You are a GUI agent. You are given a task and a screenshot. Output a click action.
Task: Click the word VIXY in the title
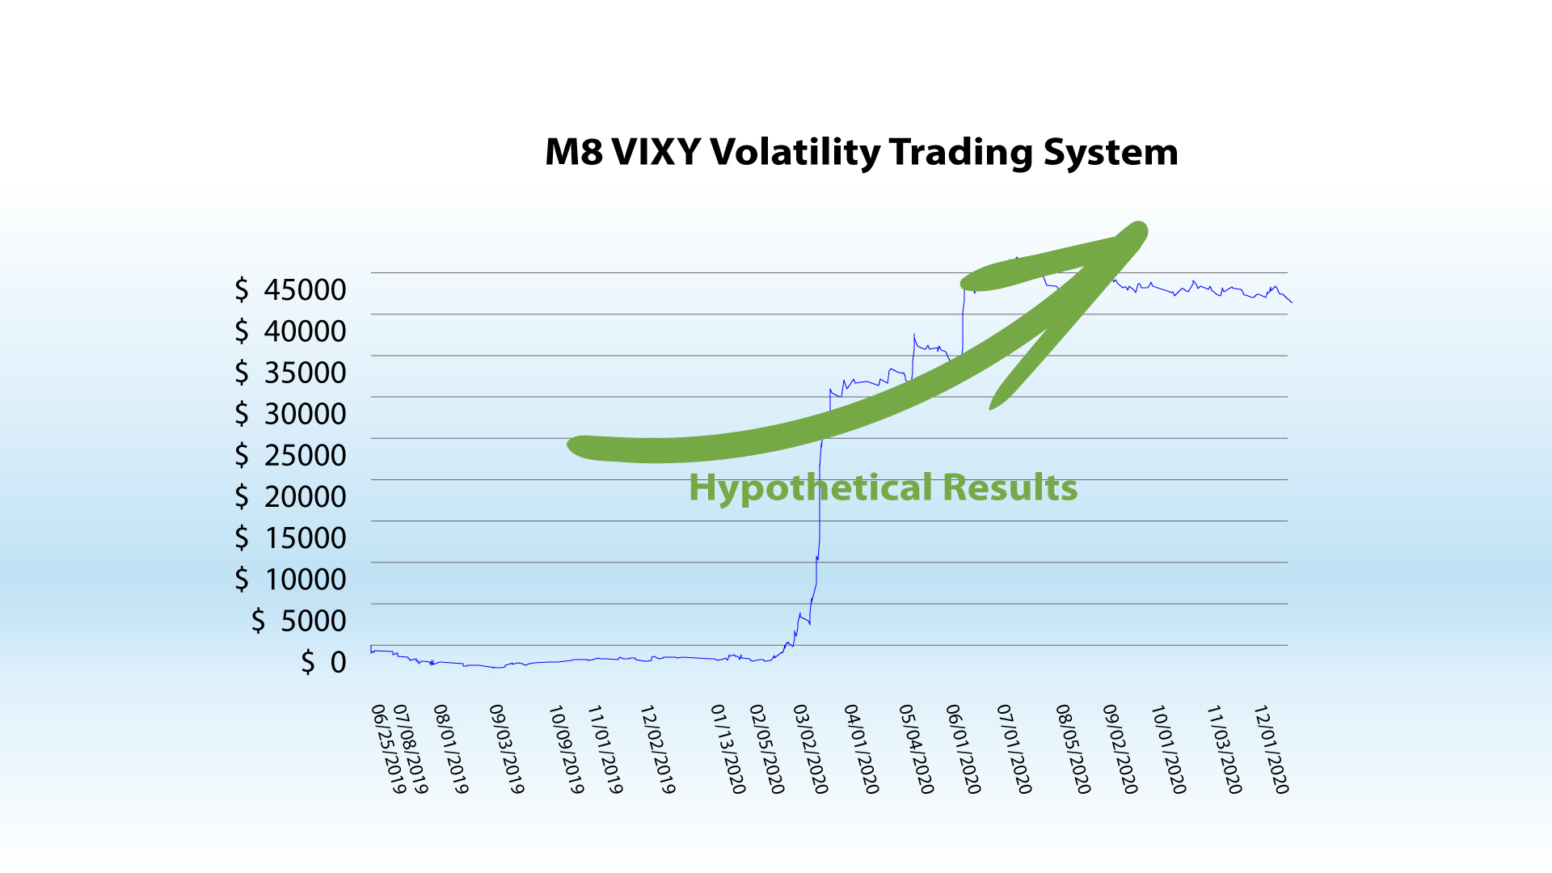656,152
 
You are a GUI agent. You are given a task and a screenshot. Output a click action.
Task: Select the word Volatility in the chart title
795,153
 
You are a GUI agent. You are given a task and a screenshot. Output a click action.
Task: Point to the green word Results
1010,487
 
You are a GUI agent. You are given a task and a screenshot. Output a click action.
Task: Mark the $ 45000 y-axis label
290,289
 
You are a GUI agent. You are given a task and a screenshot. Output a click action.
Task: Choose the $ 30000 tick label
290,414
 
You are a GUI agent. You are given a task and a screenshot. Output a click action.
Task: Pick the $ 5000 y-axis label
299,621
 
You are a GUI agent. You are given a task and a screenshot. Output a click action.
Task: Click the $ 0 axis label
323,662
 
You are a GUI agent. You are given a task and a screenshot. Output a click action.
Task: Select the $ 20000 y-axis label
290,496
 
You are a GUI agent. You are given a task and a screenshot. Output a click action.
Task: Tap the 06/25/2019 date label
388,749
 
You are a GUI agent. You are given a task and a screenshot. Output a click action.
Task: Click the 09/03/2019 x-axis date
507,749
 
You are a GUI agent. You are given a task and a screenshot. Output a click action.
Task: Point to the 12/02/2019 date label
657,749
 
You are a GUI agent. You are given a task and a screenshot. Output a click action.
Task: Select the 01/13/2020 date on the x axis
727,749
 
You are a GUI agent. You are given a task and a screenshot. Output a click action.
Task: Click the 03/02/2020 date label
810,749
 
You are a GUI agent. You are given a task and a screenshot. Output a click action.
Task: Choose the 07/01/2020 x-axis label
1014,749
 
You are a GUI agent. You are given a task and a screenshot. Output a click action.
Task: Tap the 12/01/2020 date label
1271,749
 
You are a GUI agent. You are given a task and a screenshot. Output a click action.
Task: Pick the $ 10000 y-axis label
290,580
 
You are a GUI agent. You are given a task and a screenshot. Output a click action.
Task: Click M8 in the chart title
574,152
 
